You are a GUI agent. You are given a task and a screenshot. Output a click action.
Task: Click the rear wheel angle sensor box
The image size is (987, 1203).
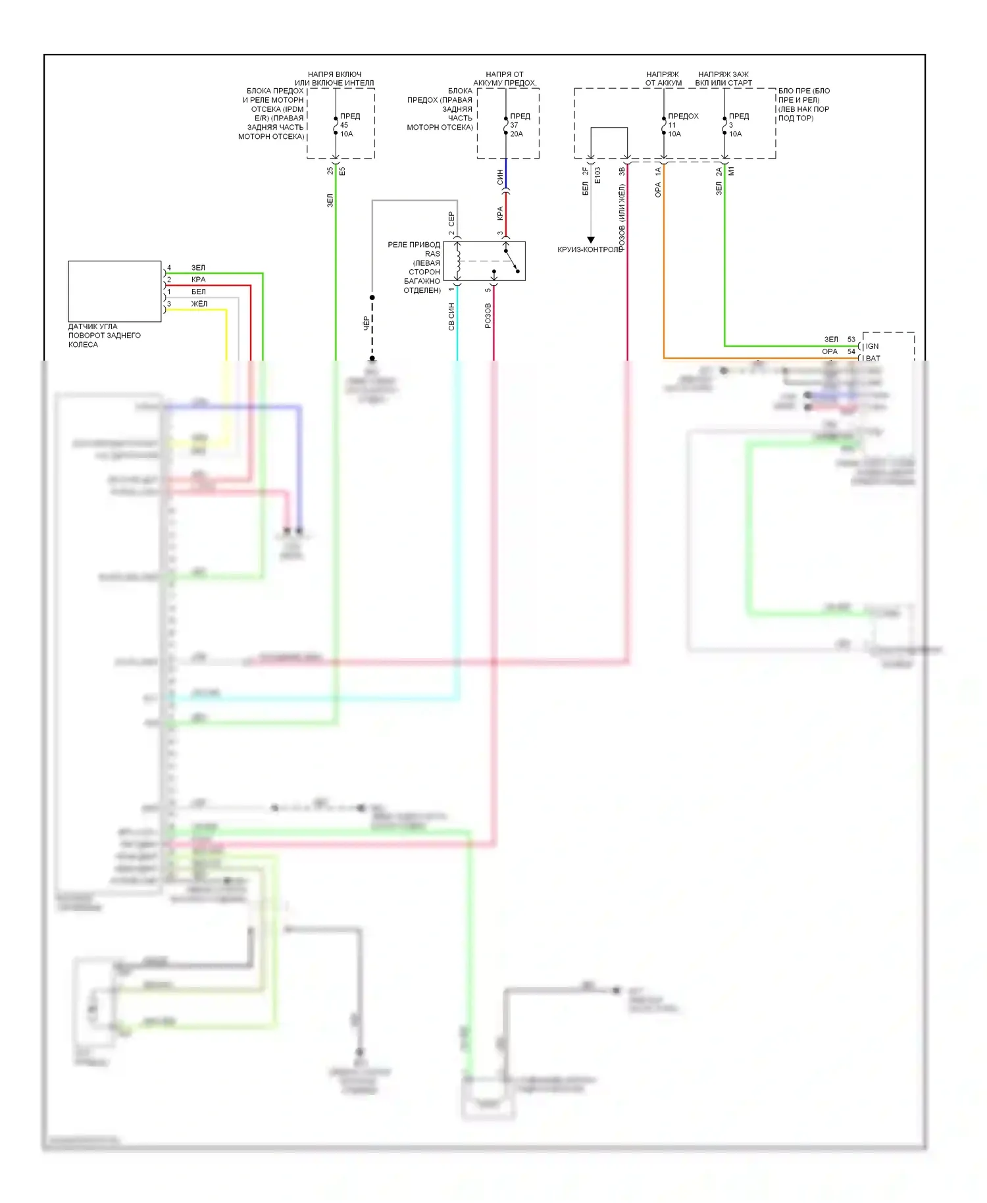click(114, 291)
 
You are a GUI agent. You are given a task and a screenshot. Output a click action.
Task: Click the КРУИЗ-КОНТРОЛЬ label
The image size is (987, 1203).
click(590, 249)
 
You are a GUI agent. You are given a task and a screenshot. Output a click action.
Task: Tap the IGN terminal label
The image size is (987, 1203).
click(872, 346)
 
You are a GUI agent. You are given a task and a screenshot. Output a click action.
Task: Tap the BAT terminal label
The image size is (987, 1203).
click(873, 358)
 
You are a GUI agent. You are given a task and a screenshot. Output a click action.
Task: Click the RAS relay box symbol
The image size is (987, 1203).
click(484, 261)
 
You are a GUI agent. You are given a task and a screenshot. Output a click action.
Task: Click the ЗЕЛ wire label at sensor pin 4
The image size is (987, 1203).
click(198, 268)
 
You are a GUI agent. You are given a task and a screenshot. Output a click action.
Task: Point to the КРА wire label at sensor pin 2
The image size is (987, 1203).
click(198, 280)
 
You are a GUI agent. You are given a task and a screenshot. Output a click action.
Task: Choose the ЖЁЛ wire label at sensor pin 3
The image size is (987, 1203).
click(199, 303)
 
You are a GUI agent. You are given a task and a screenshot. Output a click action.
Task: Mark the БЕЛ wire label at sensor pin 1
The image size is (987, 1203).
click(198, 292)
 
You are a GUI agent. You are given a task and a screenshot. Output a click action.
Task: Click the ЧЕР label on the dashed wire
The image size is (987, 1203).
click(367, 323)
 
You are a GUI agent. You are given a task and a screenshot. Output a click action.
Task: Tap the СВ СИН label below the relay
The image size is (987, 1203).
click(451, 317)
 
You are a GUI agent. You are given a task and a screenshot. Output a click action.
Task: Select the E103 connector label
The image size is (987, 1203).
click(597, 176)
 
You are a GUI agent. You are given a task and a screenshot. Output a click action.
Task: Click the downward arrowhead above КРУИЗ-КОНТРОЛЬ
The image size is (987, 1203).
click(591, 240)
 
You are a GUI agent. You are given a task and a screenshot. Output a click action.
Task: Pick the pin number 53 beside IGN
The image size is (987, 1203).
click(851, 340)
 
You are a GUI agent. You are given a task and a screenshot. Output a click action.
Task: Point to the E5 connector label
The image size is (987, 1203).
click(342, 171)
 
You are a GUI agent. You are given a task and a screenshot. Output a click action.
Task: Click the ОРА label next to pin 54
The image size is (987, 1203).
click(829, 351)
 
